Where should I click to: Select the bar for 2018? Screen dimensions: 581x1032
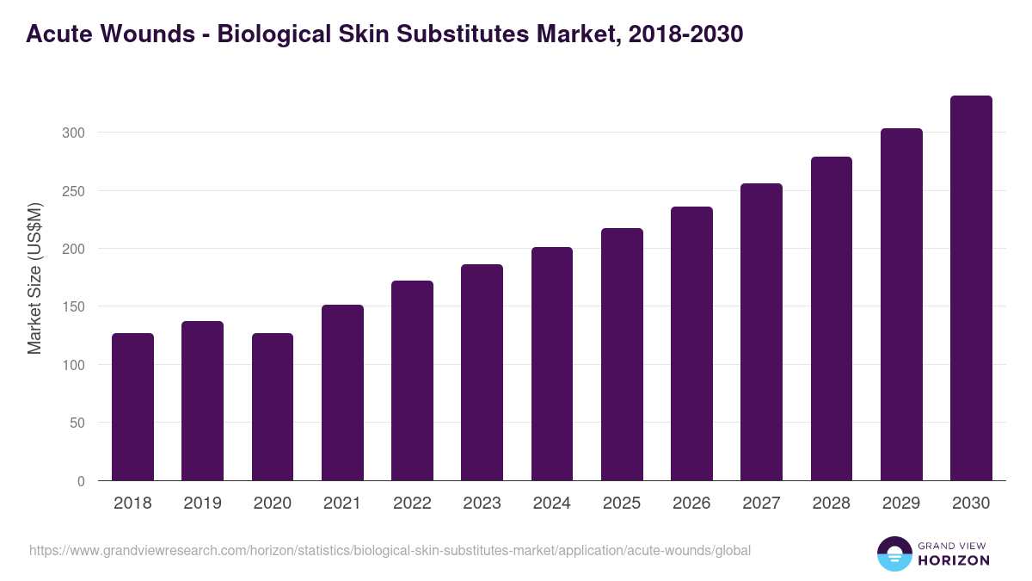132,406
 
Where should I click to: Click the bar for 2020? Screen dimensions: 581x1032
273,406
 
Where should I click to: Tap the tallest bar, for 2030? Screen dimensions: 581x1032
971,288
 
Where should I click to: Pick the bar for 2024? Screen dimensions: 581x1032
552,363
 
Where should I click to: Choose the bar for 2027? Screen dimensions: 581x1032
761,331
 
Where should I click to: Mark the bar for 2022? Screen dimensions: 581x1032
412,380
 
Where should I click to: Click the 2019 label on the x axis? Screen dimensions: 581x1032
202,504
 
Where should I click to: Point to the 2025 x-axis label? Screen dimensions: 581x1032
622,504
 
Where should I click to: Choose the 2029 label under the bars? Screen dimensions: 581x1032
901,504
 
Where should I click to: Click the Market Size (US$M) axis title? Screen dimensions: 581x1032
34,278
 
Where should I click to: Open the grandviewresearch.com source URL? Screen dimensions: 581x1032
390,550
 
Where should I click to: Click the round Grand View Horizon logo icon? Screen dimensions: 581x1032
894,553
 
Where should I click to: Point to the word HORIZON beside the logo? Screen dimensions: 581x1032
954,560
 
